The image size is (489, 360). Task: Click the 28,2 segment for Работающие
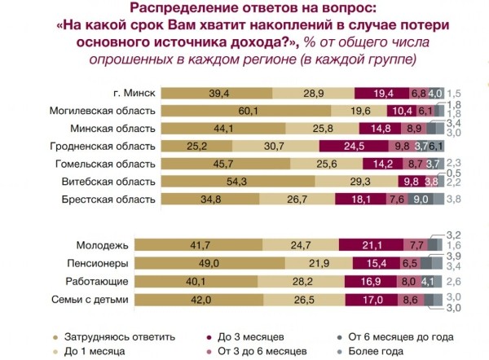(304, 281)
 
